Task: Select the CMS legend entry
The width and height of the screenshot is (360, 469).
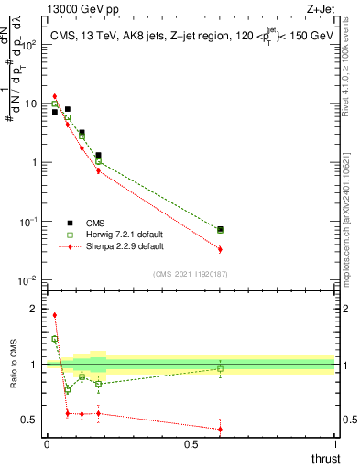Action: coord(100,222)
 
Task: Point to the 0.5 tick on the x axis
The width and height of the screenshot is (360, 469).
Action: coord(191,444)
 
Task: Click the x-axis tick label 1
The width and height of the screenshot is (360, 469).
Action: coord(334,444)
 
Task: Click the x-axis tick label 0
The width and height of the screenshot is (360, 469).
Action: coord(47,444)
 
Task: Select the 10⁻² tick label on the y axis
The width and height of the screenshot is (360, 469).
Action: coord(27,280)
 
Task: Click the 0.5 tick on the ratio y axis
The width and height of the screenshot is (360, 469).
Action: coord(29,420)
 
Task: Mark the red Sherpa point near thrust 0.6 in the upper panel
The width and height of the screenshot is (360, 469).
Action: coord(220,249)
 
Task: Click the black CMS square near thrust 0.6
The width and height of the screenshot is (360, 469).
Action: coord(220,229)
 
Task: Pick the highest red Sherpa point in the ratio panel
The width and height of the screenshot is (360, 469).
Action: coord(54,315)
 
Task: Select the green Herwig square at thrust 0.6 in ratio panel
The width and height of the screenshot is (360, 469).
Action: coord(220,369)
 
